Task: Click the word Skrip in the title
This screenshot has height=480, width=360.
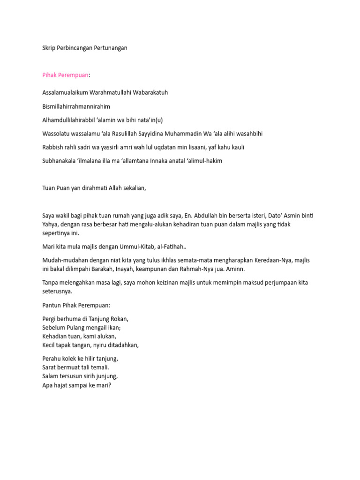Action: click(x=49, y=48)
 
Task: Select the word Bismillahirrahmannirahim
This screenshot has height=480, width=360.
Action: click(x=76, y=106)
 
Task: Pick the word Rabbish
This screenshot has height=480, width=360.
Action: click(x=52, y=147)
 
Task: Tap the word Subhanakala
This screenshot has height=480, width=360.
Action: click(x=60, y=161)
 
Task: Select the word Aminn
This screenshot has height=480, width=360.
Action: click(x=235, y=270)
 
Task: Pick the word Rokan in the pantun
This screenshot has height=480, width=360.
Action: click(x=119, y=319)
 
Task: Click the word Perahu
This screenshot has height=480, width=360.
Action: click(x=52, y=359)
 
